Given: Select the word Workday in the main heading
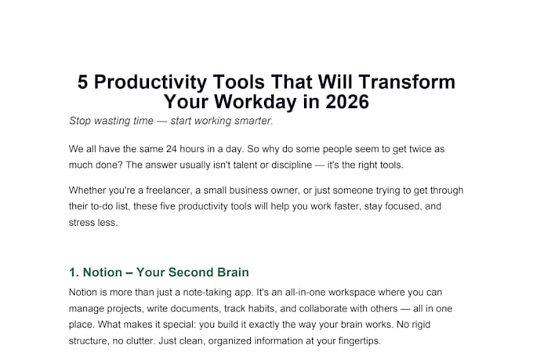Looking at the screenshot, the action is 256,102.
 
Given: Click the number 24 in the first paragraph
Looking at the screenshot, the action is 172,149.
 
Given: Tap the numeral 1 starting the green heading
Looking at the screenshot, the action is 72,273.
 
